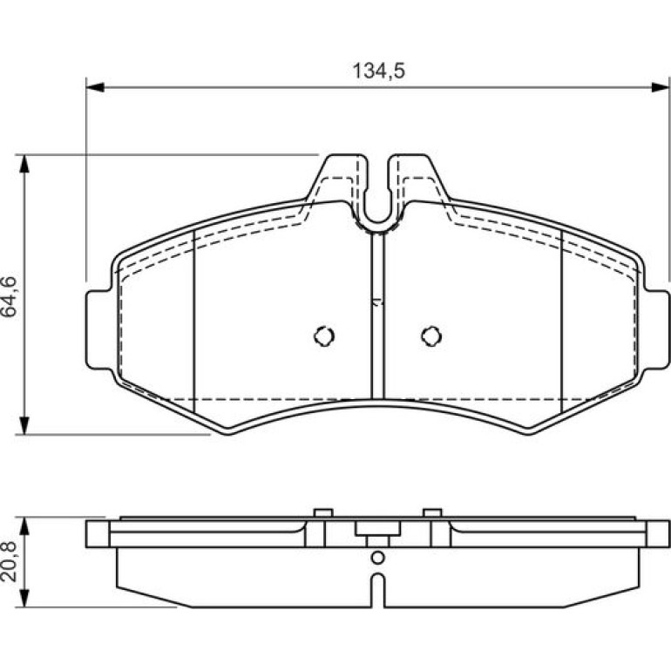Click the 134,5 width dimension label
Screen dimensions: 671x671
point(378,71)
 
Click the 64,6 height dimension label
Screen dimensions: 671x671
point(10,296)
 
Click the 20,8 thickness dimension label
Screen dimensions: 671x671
point(10,561)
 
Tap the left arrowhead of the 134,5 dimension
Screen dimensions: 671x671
point(95,87)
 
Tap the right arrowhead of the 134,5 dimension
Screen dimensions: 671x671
point(660,87)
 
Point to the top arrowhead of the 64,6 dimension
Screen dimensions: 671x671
point(24,164)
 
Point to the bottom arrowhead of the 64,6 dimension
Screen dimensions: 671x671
point(24,425)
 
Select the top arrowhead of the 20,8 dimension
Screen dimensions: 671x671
point(24,526)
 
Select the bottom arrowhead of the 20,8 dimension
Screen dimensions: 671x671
point(24,598)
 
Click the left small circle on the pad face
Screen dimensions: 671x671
point(324,336)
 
